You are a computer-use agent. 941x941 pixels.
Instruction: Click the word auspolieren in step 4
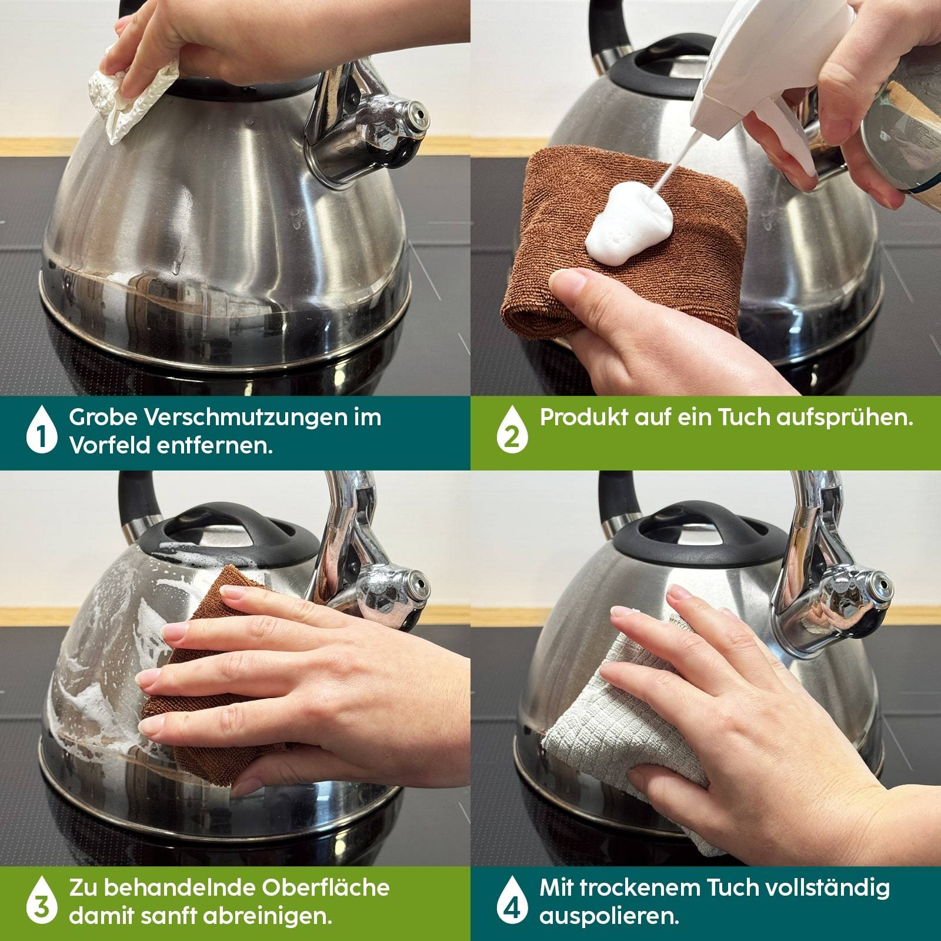609,917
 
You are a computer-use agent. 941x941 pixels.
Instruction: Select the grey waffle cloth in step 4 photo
635,735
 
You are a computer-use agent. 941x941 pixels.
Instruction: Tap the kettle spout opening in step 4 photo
882,582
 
